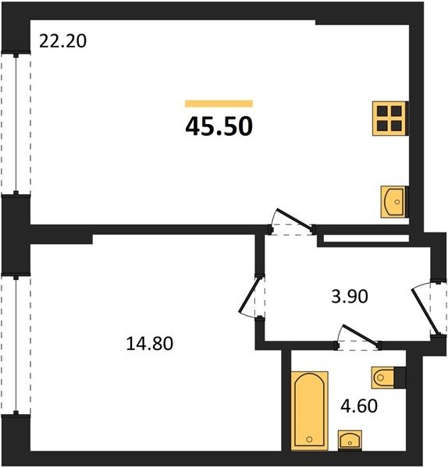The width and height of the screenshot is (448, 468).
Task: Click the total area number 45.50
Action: tap(219, 126)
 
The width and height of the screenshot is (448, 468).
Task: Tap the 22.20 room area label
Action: tap(62, 41)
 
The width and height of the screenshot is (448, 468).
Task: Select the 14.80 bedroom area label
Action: tap(150, 343)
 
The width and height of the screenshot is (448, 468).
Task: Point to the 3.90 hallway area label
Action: tap(350, 296)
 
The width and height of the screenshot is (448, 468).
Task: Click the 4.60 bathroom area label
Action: tap(359, 406)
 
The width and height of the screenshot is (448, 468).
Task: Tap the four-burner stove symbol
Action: tap(389, 119)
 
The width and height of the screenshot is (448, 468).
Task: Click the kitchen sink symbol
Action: tap(394, 202)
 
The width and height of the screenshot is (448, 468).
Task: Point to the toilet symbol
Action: tap(383, 378)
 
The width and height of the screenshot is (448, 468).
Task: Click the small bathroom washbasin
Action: tap(350, 440)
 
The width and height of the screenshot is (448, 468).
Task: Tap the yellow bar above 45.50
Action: tap(219, 103)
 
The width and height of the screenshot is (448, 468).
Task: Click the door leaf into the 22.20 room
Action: tap(295, 219)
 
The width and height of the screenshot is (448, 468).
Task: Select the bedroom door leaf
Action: tap(250, 294)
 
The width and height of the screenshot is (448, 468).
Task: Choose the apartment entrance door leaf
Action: tap(425, 310)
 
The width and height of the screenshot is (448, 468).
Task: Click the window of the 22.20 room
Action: tap(16, 124)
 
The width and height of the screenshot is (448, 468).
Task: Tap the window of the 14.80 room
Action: tap(16, 345)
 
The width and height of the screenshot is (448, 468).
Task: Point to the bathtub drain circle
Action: tap(309, 439)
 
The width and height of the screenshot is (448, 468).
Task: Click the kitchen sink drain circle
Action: tap(397, 202)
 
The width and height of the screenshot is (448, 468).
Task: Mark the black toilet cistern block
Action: tap(400, 378)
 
